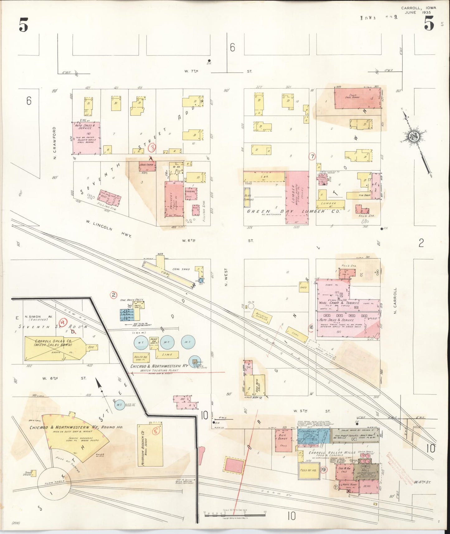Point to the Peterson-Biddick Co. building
(x=150, y=445)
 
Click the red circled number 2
(x=114, y=295)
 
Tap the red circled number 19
(x=324, y=470)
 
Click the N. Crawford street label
(x=54, y=143)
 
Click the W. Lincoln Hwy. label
(x=109, y=228)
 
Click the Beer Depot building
(x=283, y=440)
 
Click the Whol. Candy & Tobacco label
(x=339, y=303)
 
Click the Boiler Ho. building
(x=141, y=357)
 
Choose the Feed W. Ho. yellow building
(x=308, y=470)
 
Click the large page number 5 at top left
(x=24, y=25)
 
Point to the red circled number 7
(x=312, y=156)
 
